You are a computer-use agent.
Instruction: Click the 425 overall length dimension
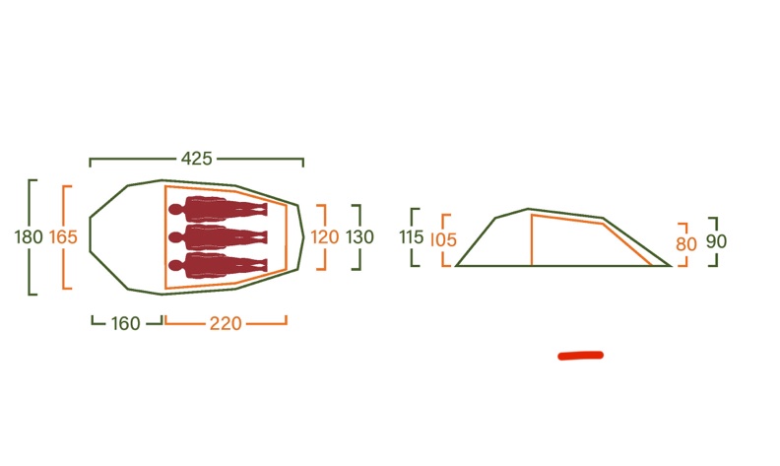point(197,159)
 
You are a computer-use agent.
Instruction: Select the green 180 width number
point(29,237)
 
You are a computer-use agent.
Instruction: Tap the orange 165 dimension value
point(63,237)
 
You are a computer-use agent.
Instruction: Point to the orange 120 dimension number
point(325,237)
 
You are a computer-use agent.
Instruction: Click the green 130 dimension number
point(359,237)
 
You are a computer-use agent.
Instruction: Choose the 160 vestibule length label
point(125,323)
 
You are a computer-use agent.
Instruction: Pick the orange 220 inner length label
point(226,323)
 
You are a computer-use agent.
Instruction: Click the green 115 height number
point(412,237)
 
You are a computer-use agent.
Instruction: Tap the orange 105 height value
point(443,240)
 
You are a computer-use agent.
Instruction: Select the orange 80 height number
point(686,244)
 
